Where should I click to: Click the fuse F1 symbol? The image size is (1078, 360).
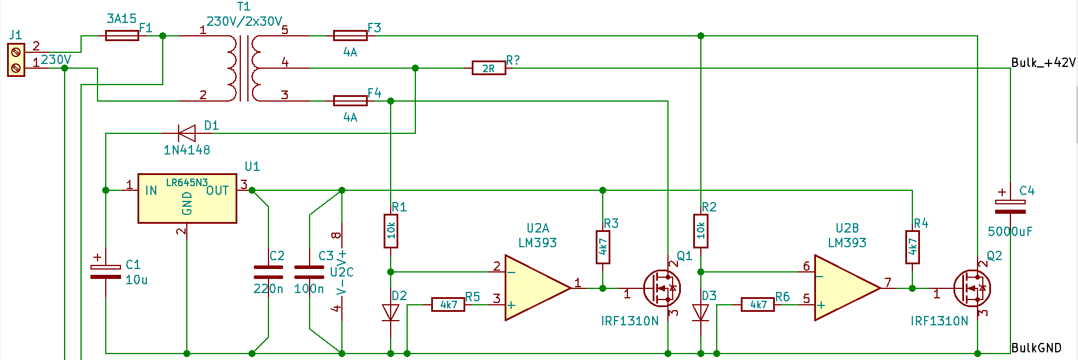point(122,36)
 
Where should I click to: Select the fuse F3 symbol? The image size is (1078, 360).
point(350,36)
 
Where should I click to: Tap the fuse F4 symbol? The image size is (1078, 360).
point(350,101)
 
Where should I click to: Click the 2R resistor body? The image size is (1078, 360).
point(489,68)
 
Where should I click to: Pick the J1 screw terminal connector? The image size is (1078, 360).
point(16,60)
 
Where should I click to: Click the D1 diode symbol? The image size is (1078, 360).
point(187,133)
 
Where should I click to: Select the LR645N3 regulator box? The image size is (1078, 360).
point(187,198)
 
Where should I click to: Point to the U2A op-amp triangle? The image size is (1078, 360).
point(538,288)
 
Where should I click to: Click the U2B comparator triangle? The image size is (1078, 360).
point(847,288)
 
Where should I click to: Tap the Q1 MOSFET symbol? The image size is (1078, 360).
point(662,288)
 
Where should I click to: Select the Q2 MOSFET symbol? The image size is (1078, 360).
point(972,288)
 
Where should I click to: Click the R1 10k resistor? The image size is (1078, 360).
point(391,231)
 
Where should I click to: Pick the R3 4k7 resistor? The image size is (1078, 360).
point(603,247)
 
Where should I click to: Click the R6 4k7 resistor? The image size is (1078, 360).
point(758,304)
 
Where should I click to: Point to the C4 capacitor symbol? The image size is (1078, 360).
point(1010,206)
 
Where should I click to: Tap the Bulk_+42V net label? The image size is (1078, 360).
point(1043,62)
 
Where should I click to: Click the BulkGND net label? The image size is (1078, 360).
point(1036,348)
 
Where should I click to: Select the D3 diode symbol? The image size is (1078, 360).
point(700,312)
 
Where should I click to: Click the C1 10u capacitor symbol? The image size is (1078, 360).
point(106,271)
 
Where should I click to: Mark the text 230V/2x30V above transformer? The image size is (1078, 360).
point(244,21)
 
